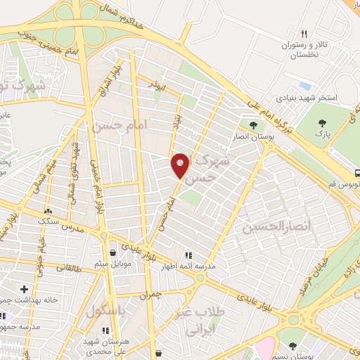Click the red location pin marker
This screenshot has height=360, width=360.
click(x=181, y=166)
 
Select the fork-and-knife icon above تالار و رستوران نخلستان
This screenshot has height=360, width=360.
click(x=304, y=33)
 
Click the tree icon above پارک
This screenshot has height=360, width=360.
click(x=323, y=119)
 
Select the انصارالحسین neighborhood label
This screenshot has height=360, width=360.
click(x=266, y=226)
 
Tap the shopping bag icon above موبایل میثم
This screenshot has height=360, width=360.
click(x=112, y=252)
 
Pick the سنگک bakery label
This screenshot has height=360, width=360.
click(x=49, y=221)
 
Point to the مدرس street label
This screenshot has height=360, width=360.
click(x=72, y=229)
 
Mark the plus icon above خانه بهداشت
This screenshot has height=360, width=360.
click(x=25, y=289)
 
